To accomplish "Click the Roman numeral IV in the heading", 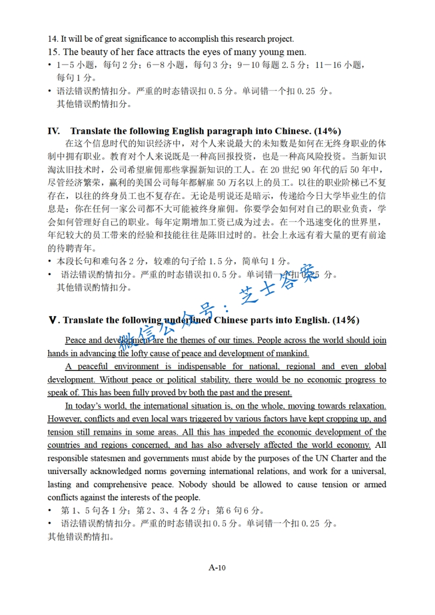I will click(54, 131).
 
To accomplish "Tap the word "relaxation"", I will click(365, 406).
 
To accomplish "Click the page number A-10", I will click(217, 567).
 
